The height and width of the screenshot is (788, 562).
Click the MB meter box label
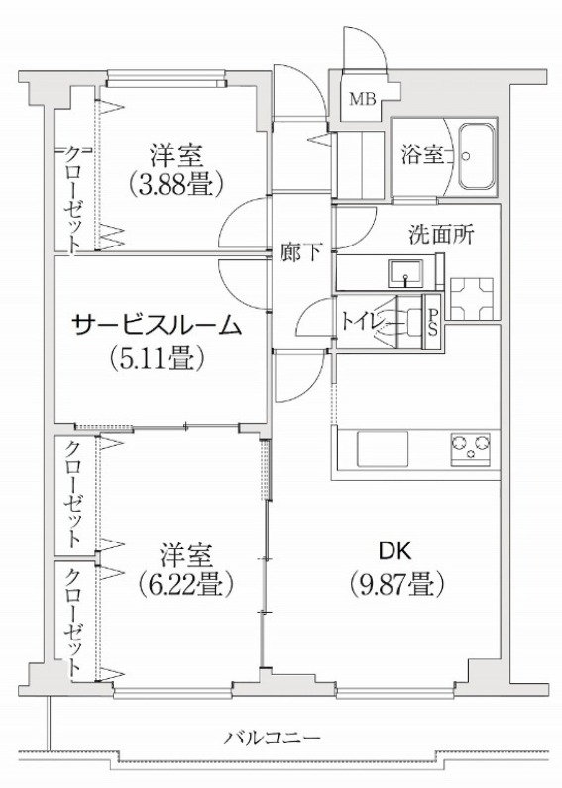pos(363,100)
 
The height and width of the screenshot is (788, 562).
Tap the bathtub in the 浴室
pos(476,156)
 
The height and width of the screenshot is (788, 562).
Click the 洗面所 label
pos(441,235)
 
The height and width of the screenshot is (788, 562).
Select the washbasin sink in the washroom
pos(405,273)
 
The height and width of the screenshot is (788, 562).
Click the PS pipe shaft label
pos(433,323)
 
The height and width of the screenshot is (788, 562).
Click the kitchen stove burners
pos(471,446)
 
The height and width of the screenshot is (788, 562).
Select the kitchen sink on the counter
pos(383,448)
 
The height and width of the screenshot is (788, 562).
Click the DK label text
pos(394,551)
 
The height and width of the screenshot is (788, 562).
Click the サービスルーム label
pos(158,325)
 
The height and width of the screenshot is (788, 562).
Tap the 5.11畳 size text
pos(157,358)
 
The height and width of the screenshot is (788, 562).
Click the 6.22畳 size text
pos(185,584)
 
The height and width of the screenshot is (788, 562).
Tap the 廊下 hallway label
pos(301,252)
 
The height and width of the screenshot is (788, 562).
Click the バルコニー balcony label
pos(273,739)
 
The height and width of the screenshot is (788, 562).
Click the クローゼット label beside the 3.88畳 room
pos(73,199)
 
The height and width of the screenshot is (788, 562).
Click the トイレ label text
pos(360,322)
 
